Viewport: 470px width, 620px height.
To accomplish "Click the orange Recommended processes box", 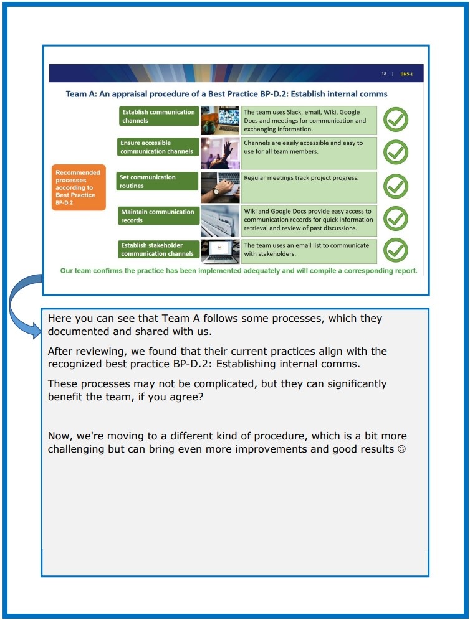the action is pyautogui.click(x=79, y=187).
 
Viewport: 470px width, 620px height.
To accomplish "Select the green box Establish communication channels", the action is pyautogui.click(x=159, y=116).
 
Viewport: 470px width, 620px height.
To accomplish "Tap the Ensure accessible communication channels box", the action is pyautogui.click(x=158, y=147).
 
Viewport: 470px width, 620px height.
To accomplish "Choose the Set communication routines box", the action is pyautogui.click(x=157, y=181).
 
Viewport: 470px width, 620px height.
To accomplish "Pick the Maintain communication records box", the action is pyautogui.click(x=158, y=215).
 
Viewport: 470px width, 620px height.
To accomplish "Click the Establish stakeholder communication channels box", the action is pyautogui.click(x=158, y=249).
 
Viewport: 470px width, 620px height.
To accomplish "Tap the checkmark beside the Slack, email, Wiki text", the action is pyautogui.click(x=396, y=120).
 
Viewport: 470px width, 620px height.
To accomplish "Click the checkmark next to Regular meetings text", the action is pyautogui.click(x=396, y=186).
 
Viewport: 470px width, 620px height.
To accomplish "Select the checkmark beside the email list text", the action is pyautogui.click(x=396, y=250).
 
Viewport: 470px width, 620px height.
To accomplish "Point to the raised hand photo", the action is pyautogui.click(x=220, y=153).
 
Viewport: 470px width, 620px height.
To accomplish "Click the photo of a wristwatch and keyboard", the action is pyautogui.click(x=220, y=187).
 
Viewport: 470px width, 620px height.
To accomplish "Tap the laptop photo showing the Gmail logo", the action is pyautogui.click(x=220, y=251).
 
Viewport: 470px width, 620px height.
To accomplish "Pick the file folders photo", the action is pyautogui.click(x=220, y=220).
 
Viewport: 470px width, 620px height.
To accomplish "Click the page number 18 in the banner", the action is pyautogui.click(x=384, y=74).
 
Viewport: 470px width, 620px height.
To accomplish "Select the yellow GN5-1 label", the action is pyautogui.click(x=406, y=74).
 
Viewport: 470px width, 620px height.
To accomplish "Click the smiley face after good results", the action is pyautogui.click(x=401, y=449).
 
